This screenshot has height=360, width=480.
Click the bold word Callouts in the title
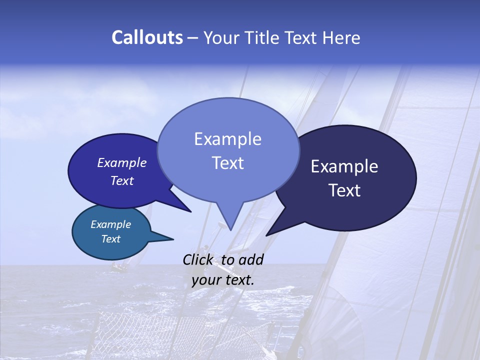[147, 37]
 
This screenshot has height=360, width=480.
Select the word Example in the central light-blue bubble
[227, 139]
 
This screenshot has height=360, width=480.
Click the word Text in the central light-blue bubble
[227, 163]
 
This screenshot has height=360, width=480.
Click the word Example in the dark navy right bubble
[344, 166]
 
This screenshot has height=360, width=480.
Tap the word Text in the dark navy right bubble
[344, 190]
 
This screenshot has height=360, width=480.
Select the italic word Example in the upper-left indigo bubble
[122, 162]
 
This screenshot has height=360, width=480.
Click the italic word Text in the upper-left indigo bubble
[122, 180]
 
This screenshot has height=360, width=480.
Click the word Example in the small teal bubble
[110, 224]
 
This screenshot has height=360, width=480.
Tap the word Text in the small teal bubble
[110, 239]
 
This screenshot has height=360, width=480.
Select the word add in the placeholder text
[251, 259]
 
